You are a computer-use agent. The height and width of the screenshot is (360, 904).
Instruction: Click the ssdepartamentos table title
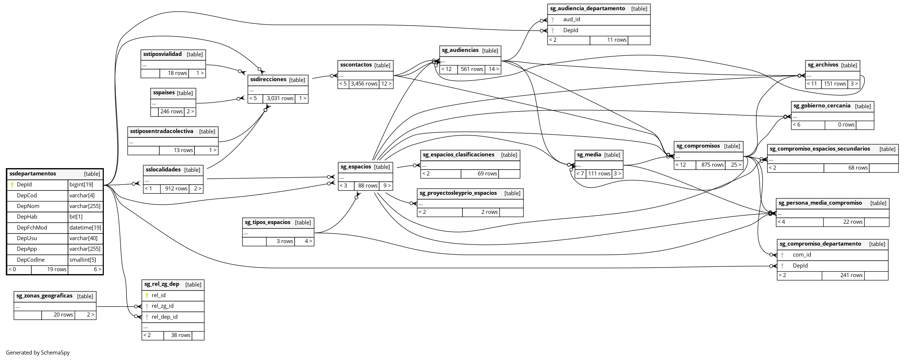pyautogui.click(x=33, y=174)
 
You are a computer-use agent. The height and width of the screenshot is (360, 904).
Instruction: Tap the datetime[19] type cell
pyautogui.click(x=85, y=228)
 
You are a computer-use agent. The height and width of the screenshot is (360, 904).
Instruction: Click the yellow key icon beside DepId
pyautogui.click(x=12, y=185)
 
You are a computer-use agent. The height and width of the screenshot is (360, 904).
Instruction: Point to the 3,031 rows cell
pyautogui.click(x=280, y=98)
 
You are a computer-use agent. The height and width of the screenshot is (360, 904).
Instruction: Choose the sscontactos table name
pyautogui.click(x=356, y=65)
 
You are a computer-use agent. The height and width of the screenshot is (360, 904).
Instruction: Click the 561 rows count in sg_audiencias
pyautogui.click(x=472, y=69)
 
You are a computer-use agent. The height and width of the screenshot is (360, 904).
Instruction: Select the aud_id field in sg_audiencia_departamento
pyautogui.click(x=571, y=19)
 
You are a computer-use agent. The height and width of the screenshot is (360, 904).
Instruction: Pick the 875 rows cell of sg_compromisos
pyautogui.click(x=712, y=165)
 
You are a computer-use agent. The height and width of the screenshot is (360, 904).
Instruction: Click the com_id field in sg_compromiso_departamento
pyautogui.click(x=802, y=255)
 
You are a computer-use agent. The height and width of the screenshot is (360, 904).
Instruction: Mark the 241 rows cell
pyautogui.click(x=851, y=275)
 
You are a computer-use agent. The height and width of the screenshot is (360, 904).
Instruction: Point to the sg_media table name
pyautogui.click(x=589, y=155)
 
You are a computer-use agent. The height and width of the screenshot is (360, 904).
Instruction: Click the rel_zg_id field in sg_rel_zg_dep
pyautogui.click(x=162, y=306)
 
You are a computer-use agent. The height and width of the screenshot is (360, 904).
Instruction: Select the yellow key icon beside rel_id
pyautogui.click(x=147, y=295)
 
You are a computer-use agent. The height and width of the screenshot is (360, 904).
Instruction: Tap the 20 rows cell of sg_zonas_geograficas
pyautogui.click(x=63, y=315)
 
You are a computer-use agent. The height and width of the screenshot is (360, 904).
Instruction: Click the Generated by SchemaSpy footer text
pyautogui.click(x=38, y=353)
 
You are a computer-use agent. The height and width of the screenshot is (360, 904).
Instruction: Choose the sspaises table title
pyautogui.click(x=164, y=93)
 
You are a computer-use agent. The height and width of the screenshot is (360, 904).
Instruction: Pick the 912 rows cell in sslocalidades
pyautogui.click(x=176, y=189)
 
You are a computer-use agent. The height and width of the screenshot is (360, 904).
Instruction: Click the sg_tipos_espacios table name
pyautogui.click(x=267, y=222)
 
